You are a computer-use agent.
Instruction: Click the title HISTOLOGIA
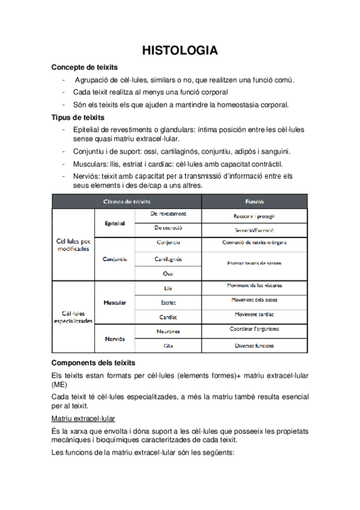180,51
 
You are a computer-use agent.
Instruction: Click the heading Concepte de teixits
85,67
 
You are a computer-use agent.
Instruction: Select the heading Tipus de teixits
78,117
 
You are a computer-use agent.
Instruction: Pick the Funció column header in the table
254,201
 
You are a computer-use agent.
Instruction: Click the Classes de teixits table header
127,201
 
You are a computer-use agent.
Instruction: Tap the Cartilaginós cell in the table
168,259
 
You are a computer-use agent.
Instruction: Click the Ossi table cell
168,274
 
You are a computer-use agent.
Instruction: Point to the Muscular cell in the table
115,303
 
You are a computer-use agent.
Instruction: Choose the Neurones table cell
168,331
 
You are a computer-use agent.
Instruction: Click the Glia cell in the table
168,346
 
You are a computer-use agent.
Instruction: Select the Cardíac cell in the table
168,316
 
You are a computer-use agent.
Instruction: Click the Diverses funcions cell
254,346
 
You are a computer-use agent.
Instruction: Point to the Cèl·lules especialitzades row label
73,317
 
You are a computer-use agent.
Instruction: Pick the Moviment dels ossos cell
254,300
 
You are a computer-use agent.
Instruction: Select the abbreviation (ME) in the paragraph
59,384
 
